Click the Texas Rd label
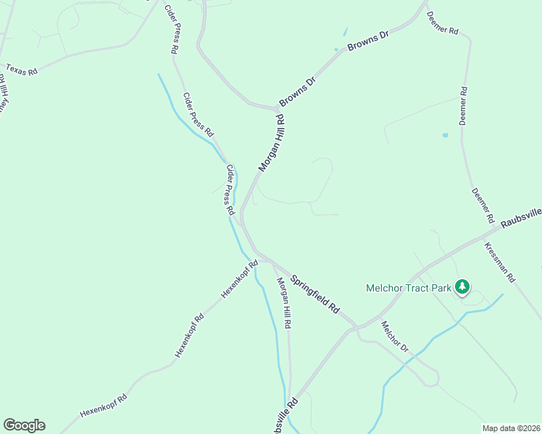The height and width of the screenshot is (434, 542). click(x=21, y=69)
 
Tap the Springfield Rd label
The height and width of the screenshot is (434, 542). click(x=315, y=294)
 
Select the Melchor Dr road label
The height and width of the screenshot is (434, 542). click(x=395, y=337)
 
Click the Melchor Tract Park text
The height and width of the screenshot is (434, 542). click(x=408, y=288)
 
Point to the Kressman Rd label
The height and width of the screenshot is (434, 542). click(x=500, y=262)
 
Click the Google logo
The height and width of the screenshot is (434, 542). click(x=24, y=425)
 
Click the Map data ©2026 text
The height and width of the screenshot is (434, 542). click(x=512, y=428)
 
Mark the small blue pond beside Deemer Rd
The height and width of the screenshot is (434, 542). click(x=445, y=135)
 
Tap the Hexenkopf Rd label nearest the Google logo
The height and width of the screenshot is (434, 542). click(x=104, y=404)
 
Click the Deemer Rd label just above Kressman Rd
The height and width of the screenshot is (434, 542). click(x=483, y=205)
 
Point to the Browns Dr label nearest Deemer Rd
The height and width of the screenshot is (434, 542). click(x=368, y=43)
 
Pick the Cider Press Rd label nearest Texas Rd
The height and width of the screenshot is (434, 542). click(x=173, y=30)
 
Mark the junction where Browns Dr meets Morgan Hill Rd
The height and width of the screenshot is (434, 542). click(x=278, y=109)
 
